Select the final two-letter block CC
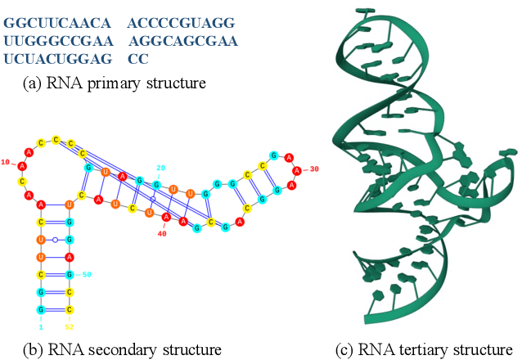[x=137, y=59]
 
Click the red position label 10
[x=7, y=162]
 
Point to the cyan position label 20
[x=161, y=168]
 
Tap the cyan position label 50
[x=86, y=275]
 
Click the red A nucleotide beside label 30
[x=298, y=170]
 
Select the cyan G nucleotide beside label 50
[x=70, y=274]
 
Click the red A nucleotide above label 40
[x=166, y=218]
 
